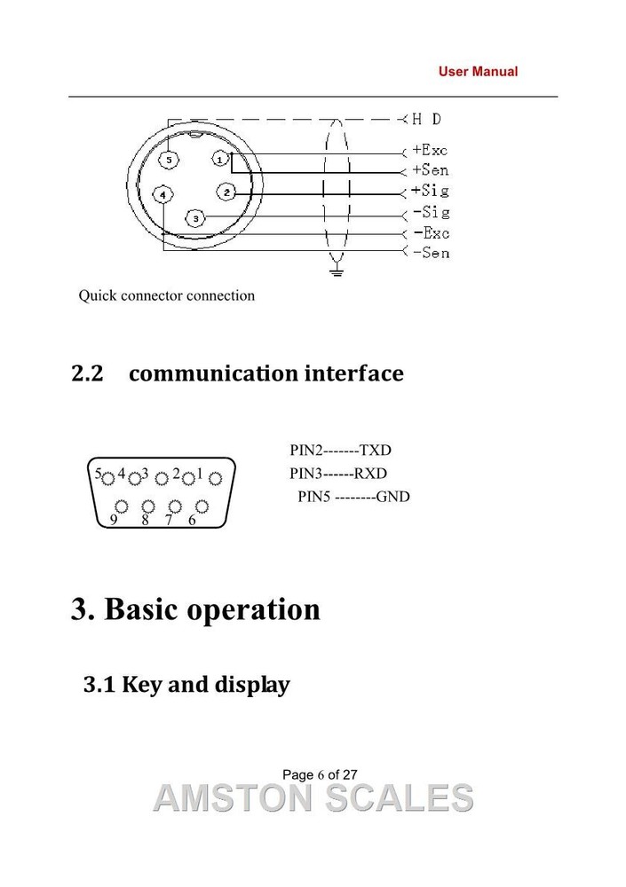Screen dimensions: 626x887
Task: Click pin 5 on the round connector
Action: coord(168,160)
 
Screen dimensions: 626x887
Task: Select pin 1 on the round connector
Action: coord(220,160)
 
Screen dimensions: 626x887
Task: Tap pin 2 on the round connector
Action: coord(226,192)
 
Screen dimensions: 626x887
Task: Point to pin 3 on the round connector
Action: coord(195,218)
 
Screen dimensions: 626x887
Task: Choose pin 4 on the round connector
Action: coord(163,194)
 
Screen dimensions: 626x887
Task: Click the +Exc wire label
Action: coord(430,150)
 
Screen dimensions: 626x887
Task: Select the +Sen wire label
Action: coord(431,169)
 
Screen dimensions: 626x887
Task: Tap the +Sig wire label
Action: coord(431,190)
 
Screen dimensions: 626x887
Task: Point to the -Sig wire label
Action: coord(432,212)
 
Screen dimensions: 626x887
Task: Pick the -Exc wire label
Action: coord(432,232)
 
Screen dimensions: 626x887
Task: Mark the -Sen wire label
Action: coord(432,252)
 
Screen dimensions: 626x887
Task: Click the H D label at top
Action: coord(426,119)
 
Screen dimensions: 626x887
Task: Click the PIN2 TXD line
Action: coord(340,451)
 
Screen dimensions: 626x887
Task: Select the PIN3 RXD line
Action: coord(338,474)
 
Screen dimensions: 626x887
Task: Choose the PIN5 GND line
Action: coord(353,497)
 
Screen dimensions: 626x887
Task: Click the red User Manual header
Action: coord(478,72)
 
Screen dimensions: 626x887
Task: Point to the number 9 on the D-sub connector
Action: coord(114,520)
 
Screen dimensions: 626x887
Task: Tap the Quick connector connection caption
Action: coord(167,296)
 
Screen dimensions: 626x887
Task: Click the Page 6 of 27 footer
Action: coord(320,774)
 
